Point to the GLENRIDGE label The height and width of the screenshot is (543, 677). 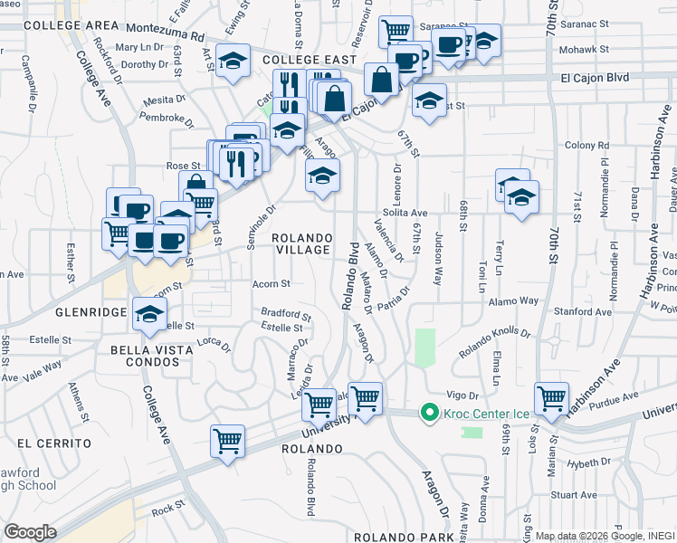89,312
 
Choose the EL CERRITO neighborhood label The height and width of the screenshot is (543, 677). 53,443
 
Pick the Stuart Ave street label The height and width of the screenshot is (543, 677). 576,495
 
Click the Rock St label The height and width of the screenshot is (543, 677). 167,509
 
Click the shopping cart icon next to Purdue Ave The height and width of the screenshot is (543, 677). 550,397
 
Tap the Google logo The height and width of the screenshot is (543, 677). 31,532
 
